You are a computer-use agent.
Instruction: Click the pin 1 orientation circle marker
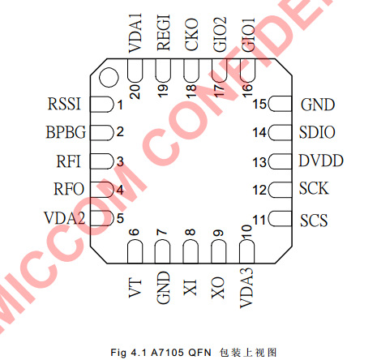coord(109,77)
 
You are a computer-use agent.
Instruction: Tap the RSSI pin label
coord(64,104)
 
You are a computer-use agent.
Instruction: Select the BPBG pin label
coord(66,132)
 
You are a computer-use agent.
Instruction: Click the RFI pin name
coord(69,161)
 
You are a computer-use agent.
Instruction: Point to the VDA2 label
coord(65,218)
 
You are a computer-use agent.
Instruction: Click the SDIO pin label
coord(317,132)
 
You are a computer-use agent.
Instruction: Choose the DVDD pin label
coord(321,161)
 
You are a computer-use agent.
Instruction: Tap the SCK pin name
coord(314,188)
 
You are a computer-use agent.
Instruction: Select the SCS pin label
coord(314,221)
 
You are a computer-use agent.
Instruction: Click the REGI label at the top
coord(164,32)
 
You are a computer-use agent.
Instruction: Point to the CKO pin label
coord(191,35)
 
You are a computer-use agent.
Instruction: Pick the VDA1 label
coord(135,33)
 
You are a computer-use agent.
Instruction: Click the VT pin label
coord(135,289)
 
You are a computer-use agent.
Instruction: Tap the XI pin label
coord(191,287)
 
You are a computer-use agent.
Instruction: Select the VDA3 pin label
coord(246,288)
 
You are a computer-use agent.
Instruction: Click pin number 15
coord(259,104)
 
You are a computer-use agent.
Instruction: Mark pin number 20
coord(135,92)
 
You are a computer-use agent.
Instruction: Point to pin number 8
coord(191,232)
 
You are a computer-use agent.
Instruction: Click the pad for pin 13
coord(281,161)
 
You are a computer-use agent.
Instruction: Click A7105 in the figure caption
coord(167,353)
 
